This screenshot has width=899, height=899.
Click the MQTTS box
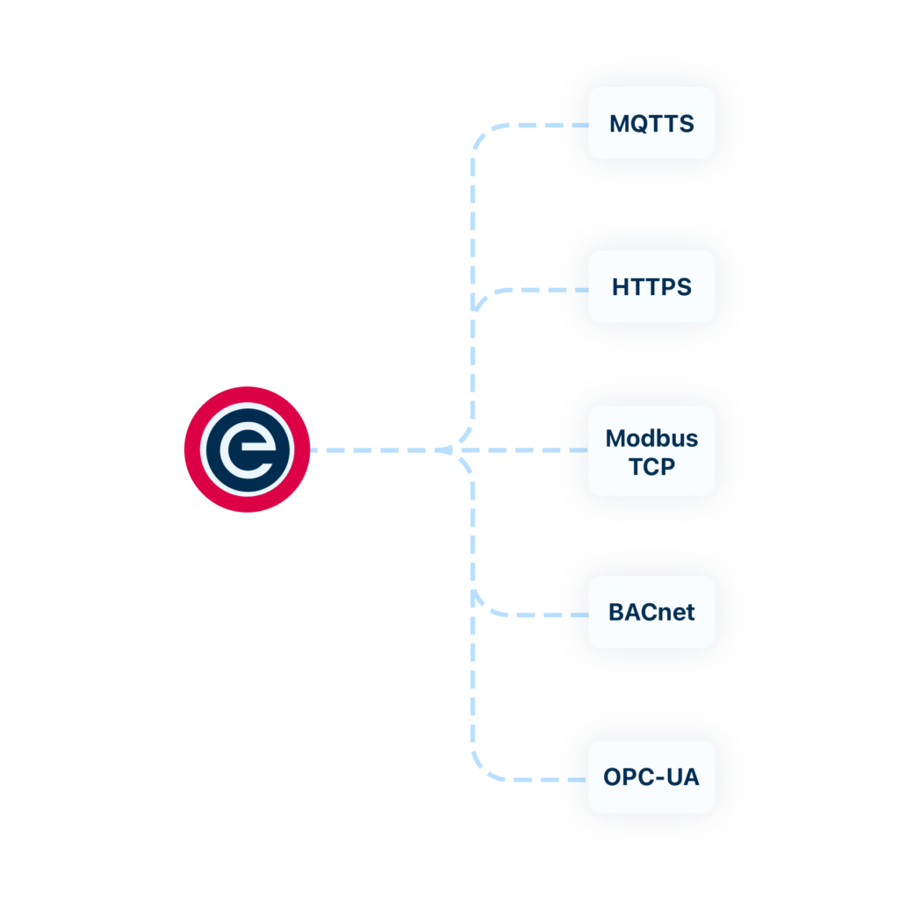pyautogui.click(x=651, y=123)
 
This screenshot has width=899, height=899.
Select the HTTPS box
pyautogui.click(x=651, y=286)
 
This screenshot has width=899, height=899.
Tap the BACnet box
pyautogui.click(x=651, y=612)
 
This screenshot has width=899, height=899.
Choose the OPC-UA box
pyautogui.click(x=651, y=777)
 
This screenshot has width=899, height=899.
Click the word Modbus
pyautogui.click(x=651, y=438)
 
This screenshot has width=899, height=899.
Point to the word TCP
pyautogui.click(x=651, y=466)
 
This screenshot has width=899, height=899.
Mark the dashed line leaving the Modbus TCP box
pyautogui.click(x=527, y=450)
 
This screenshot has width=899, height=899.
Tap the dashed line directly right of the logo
pyautogui.click(x=369, y=450)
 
